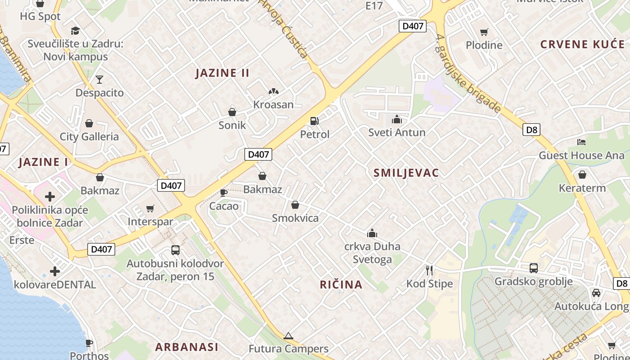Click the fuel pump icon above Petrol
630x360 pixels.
[314, 121]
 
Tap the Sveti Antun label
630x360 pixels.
[396, 132]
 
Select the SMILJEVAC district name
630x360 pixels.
[406, 173]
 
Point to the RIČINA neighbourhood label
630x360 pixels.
[341, 284]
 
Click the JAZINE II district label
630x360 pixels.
[222, 73]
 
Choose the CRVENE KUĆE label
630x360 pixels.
[582, 44]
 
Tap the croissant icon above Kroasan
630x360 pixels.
[273, 91]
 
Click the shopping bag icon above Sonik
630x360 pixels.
[232, 112]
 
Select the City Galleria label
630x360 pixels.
[89, 137]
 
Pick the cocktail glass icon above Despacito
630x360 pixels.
[99, 80]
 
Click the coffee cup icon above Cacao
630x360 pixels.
[223, 193]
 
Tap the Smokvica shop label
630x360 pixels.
[295, 218]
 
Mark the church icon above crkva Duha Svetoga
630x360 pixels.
[372, 233]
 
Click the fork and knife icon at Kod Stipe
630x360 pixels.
[429, 270]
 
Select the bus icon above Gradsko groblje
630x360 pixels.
[533, 268]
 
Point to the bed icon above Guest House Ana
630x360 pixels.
[581, 142]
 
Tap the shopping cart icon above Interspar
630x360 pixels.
[150, 208]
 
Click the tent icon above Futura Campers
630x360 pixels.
[288, 336]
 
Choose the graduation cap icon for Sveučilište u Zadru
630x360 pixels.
[75, 31]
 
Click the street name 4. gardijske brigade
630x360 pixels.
[468, 75]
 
